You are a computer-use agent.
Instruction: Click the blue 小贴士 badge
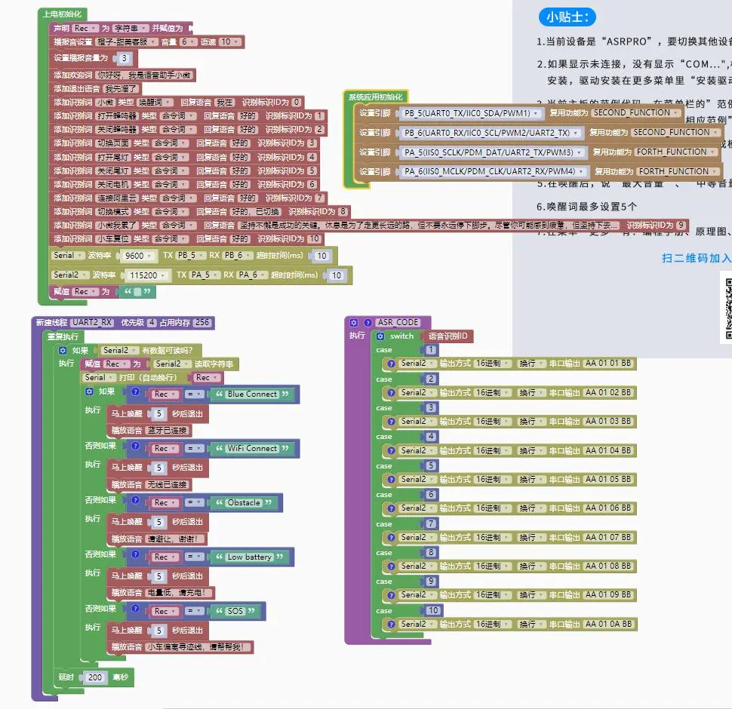(567, 17)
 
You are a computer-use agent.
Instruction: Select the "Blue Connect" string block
(252, 394)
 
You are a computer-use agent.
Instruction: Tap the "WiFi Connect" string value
(252, 448)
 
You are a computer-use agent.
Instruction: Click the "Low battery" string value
(249, 557)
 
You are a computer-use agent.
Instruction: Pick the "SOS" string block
(235, 611)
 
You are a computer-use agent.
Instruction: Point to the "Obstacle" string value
(243, 502)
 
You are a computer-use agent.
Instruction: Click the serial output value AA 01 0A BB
(608, 624)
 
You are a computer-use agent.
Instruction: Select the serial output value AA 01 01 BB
(608, 363)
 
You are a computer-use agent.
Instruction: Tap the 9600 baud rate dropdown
(139, 256)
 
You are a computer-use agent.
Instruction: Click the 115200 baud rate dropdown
(143, 275)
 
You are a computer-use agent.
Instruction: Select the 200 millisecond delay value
(95, 677)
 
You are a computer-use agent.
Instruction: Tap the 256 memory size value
(202, 322)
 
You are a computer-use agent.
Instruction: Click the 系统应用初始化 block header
(375, 97)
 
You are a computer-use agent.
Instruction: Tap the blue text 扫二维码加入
(696, 257)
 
